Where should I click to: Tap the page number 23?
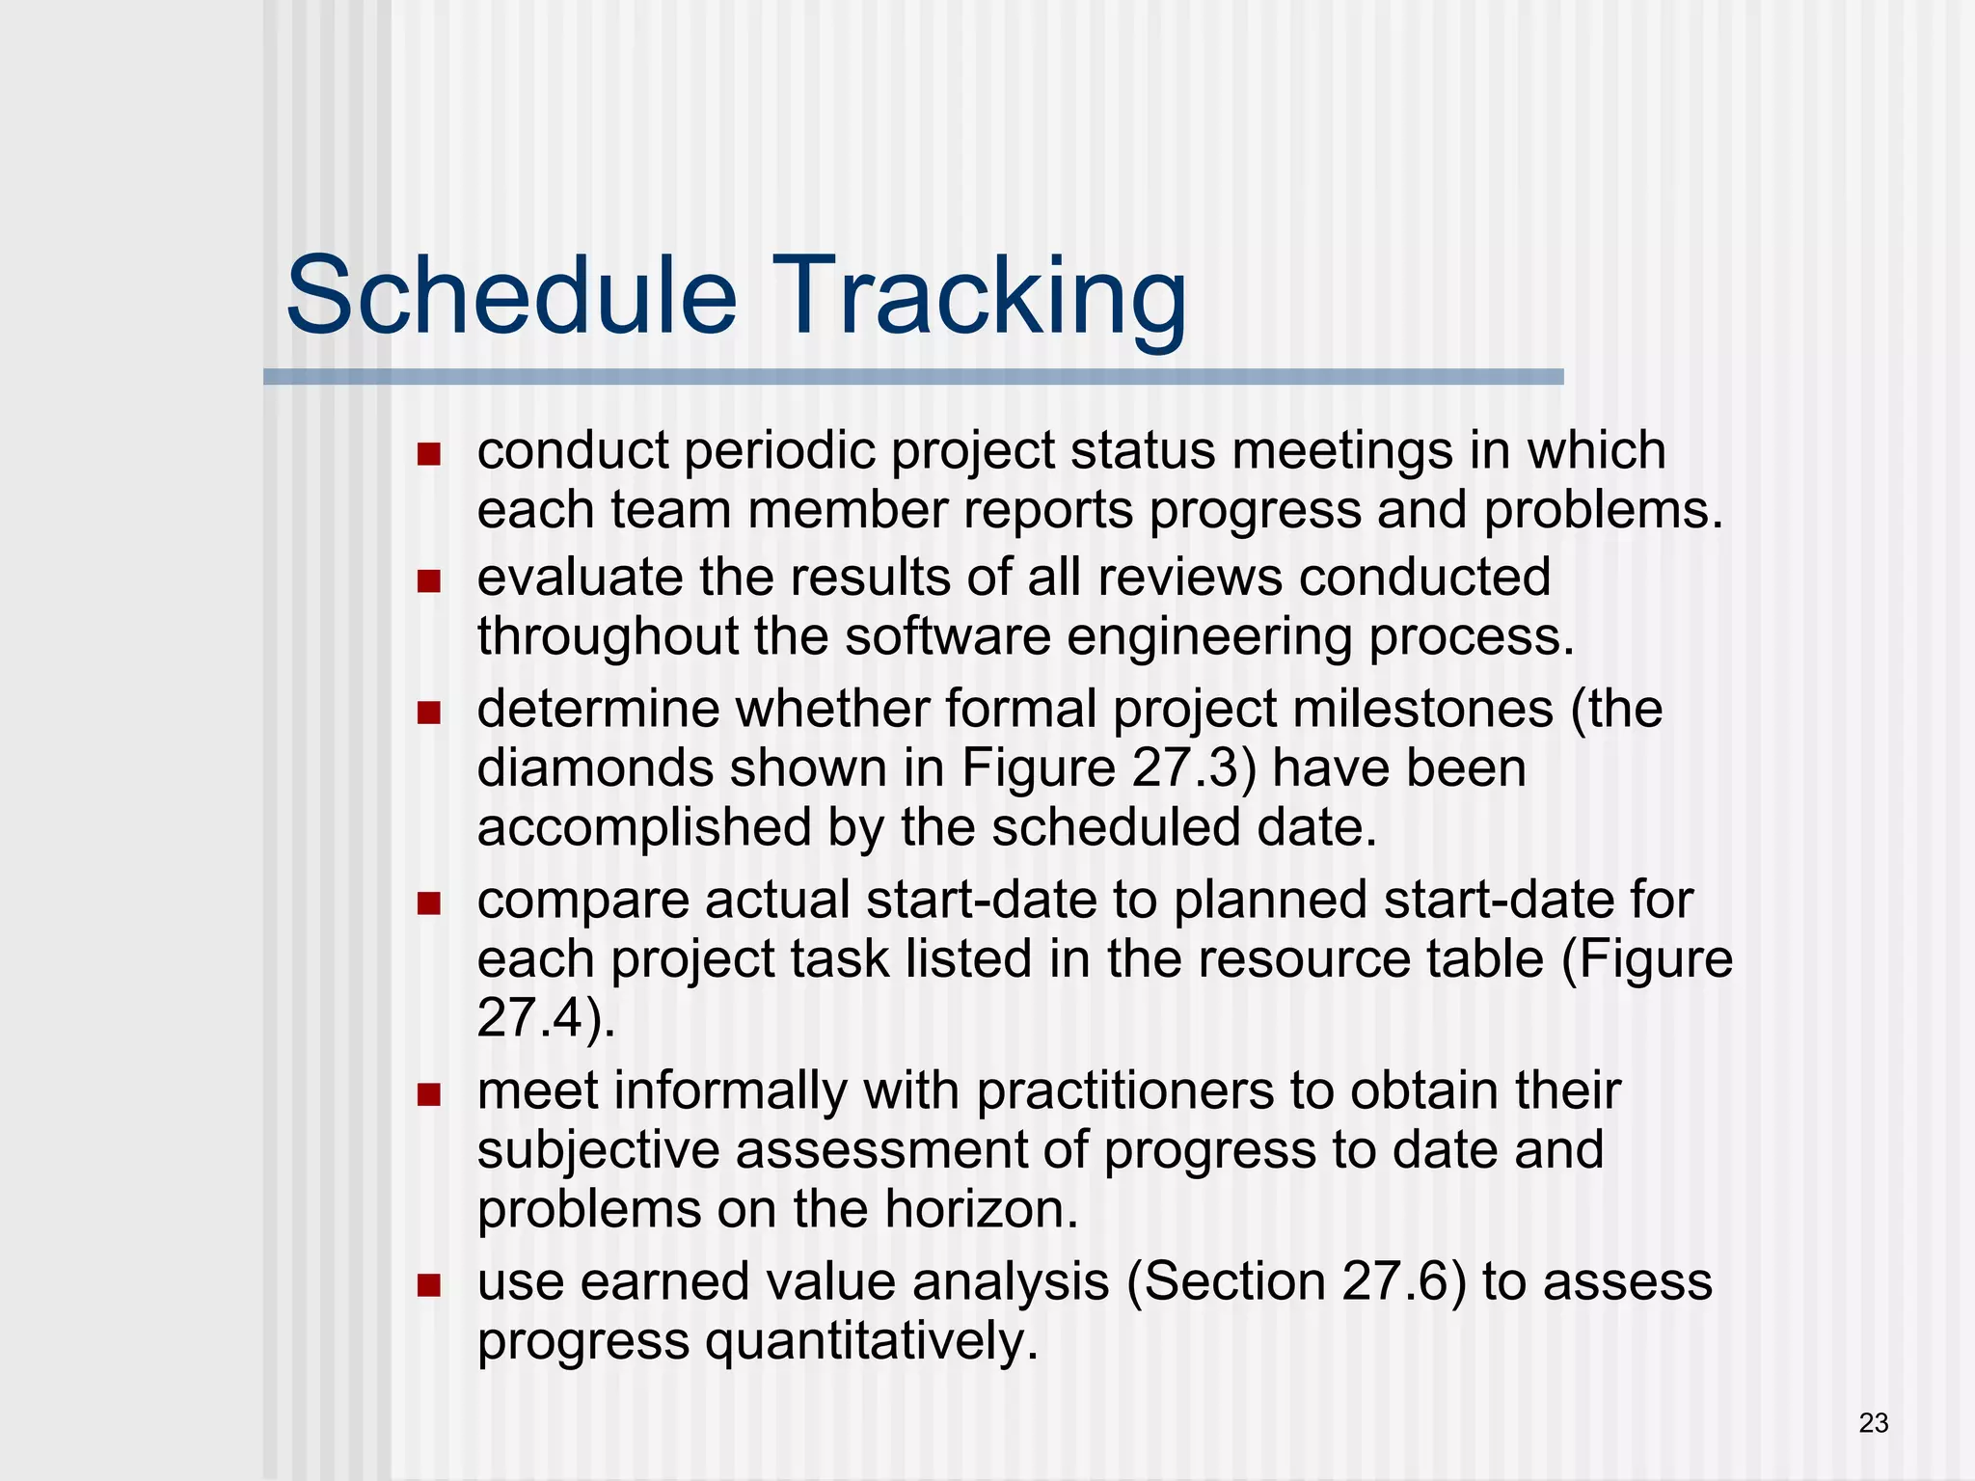[x=1873, y=1423]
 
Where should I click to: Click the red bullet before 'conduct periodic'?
[x=429, y=454]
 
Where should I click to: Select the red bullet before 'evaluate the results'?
[x=429, y=581]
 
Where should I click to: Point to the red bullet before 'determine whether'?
[x=429, y=713]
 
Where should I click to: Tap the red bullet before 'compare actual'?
[x=429, y=903]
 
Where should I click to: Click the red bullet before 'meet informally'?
[x=429, y=1094]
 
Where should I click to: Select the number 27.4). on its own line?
[x=546, y=1017]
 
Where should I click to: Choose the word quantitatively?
[x=872, y=1342]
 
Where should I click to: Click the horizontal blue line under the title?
[x=912, y=377]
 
